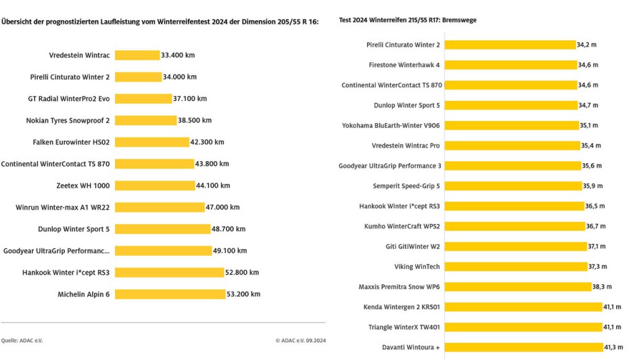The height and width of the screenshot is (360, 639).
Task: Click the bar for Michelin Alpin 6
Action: pos(170,294)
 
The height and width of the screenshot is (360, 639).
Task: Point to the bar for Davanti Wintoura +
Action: pos(524,347)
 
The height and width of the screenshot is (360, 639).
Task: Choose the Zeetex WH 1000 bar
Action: pos(154,185)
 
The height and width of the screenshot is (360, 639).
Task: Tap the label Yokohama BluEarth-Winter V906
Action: pos(391,125)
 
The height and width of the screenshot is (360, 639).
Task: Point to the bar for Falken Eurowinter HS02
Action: pos(151,142)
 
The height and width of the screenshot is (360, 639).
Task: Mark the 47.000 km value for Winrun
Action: pos(223,207)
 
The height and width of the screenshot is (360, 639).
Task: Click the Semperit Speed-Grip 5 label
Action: pos(406,186)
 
